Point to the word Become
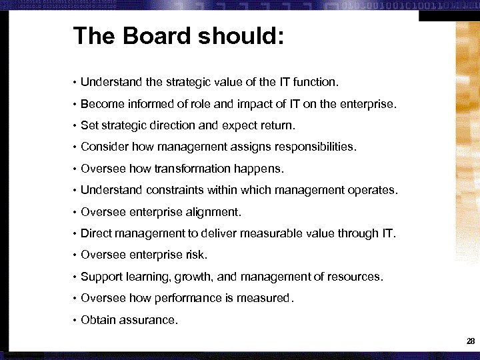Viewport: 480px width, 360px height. pos(101,104)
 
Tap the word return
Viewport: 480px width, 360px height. pos(277,125)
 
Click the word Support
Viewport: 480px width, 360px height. pos(101,277)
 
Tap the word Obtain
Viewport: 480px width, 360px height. pos(98,320)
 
